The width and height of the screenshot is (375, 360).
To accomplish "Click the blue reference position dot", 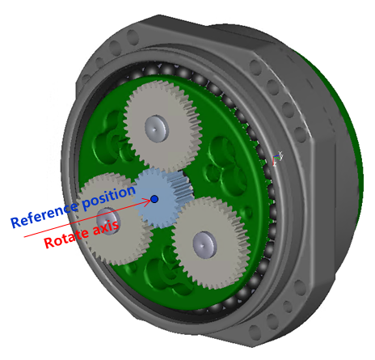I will pos(154,198).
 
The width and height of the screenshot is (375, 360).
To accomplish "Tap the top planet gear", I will pos(162,125).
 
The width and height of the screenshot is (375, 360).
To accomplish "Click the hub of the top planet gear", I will pos(155,125).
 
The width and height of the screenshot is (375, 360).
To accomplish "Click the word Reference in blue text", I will pos(44,212).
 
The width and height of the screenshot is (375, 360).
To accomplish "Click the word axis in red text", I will pos(106,226).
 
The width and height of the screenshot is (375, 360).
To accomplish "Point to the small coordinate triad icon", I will pos(278,157).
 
